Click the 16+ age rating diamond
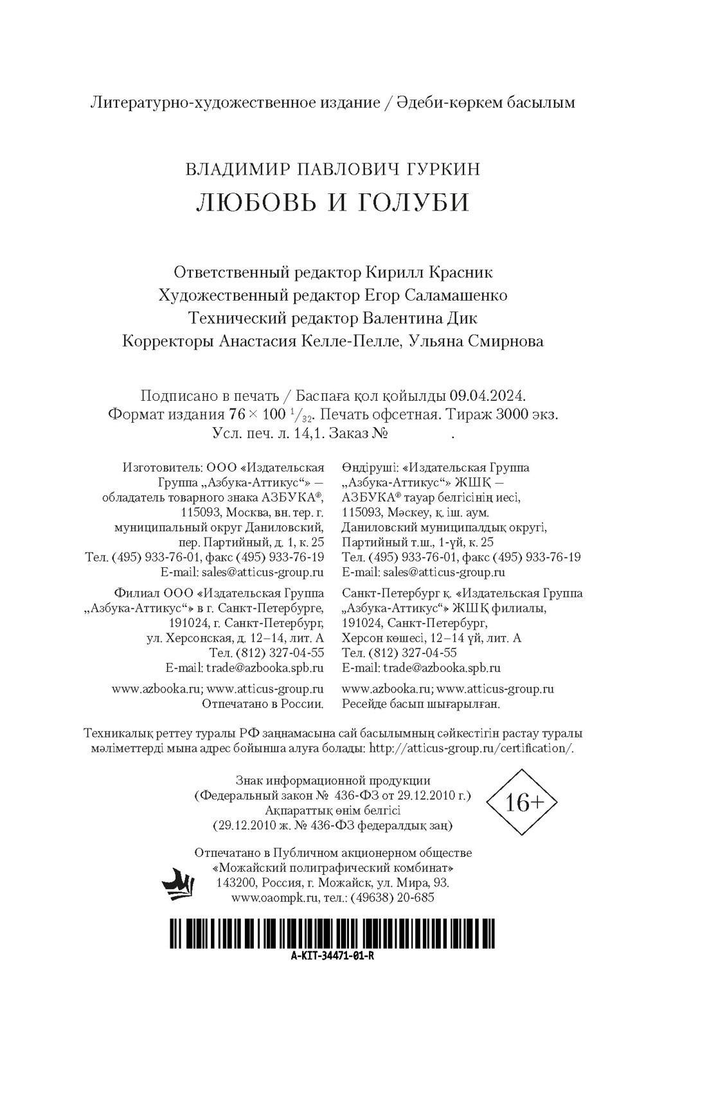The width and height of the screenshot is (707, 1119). coord(521,802)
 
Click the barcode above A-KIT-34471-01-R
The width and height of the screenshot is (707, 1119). coord(332,933)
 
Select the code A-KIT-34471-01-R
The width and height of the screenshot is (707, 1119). coord(332,955)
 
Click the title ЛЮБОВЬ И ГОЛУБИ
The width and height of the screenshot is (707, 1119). coord(332,202)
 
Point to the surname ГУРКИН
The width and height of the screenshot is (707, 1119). coord(443,169)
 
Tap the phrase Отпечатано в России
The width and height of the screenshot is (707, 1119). coord(263,704)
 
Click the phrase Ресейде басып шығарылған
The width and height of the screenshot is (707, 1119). coord(421,704)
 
